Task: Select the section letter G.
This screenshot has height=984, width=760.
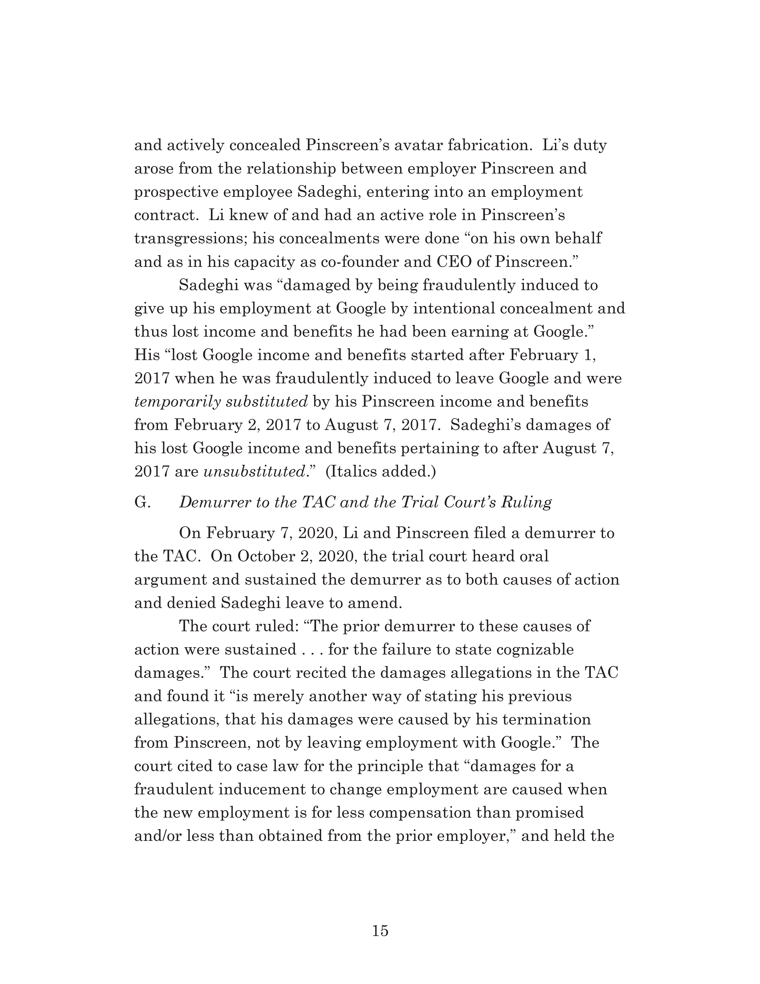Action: click(142, 502)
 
